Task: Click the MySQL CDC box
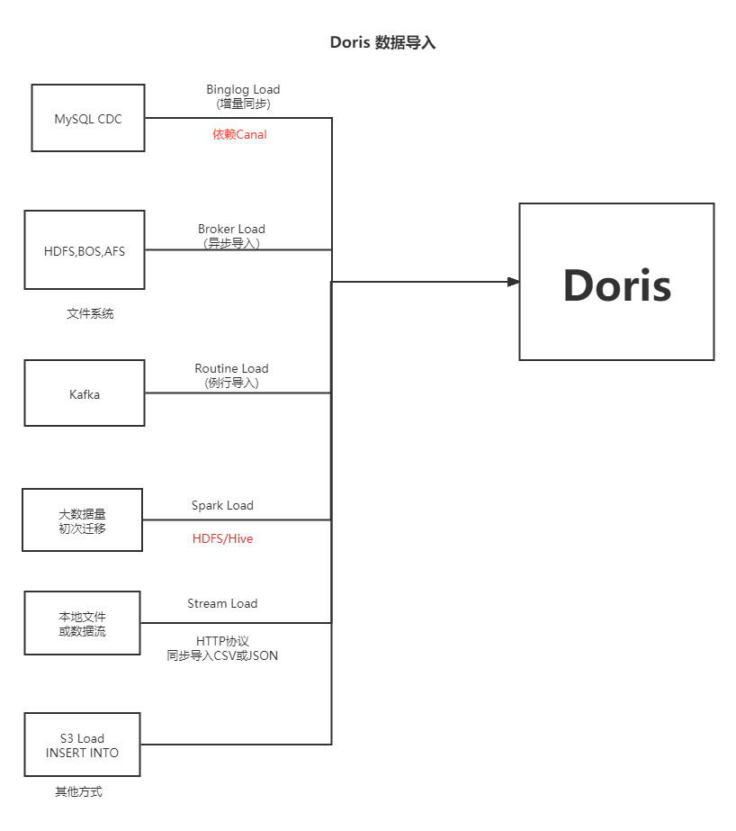pyautogui.click(x=88, y=118)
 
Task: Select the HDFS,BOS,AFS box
pyautogui.click(x=85, y=250)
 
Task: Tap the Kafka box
pyautogui.click(x=85, y=393)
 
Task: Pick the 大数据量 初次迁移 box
pyautogui.click(x=82, y=520)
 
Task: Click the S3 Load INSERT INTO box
pyautogui.click(x=82, y=745)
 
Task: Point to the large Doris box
pyautogui.click(x=616, y=282)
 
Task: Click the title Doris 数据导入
pyautogui.click(x=382, y=42)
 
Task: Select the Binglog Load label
pyautogui.click(x=243, y=90)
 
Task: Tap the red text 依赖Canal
pyautogui.click(x=239, y=135)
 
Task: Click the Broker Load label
pyautogui.click(x=231, y=230)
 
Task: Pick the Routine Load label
pyautogui.click(x=231, y=369)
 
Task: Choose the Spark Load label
pyautogui.click(x=222, y=506)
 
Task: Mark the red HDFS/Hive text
pyautogui.click(x=222, y=539)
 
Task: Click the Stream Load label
pyautogui.click(x=222, y=604)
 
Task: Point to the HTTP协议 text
pyautogui.click(x=222, y=641)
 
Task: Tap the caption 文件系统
pyautogui.click(x=90, y=314)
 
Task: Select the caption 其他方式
pyautogui.click(x=78, y=792)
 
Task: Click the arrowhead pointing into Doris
pyautogui.click(x=514, y=282)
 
